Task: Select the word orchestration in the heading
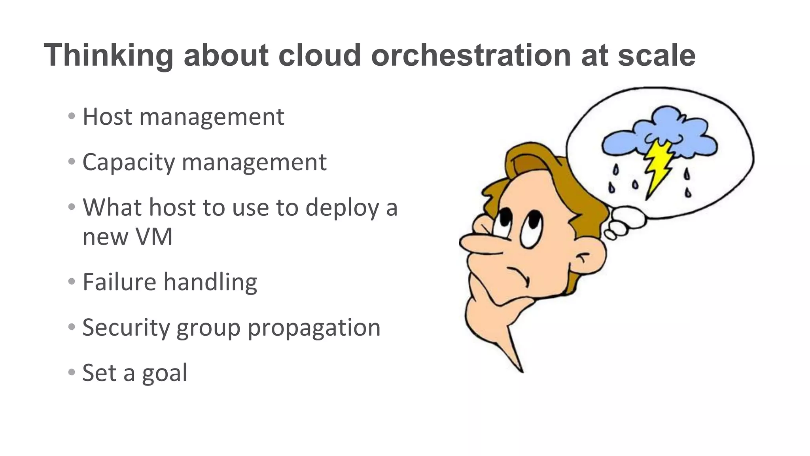tap(471, 55)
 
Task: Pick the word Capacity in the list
tap(128, 162)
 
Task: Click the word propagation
tap(314, 328)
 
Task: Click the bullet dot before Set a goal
tap(72, 372)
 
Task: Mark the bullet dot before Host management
tap(72, 116)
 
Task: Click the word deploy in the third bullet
tap(342, 207)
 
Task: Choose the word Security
tap(126, 328)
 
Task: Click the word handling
tap(210, 282)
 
